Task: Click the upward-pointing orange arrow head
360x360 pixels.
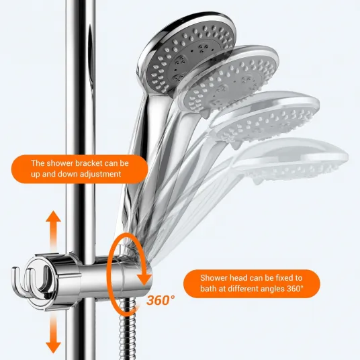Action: coord(53,216)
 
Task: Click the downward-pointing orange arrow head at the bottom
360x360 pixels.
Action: coord(53,347)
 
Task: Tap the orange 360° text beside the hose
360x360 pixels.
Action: coord(161,300)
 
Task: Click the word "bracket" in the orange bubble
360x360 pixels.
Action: coord(89,163)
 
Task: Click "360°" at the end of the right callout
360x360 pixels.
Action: coord(295,289)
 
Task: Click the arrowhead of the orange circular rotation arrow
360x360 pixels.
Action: coord(144,279)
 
